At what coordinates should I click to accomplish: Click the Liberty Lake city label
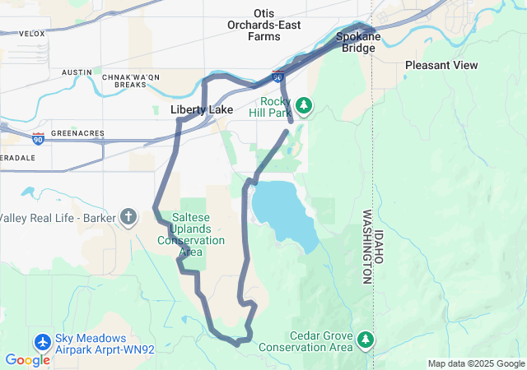click(x=201, y=109)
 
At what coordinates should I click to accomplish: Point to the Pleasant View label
click(x=441, y=65)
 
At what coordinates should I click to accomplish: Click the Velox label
click(x=31, y=34)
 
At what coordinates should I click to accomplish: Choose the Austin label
click(x=77, y=72)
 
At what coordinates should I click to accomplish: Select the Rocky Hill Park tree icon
click(x=305, y=105)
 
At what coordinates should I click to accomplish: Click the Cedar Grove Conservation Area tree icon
click(x=366, y=338)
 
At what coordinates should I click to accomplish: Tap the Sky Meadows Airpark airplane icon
click(x=43, y=340)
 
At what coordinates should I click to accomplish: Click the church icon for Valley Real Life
click(x=128, y=217)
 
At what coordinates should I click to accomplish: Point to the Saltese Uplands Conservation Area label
click(x=191, y=234)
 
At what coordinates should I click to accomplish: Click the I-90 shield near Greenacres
click(x=38, y=136)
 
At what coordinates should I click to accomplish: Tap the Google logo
click(x=27, y=360)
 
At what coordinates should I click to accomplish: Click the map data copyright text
click(x=476, y=363)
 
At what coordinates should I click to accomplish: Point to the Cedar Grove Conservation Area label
click(x=321, y=341)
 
